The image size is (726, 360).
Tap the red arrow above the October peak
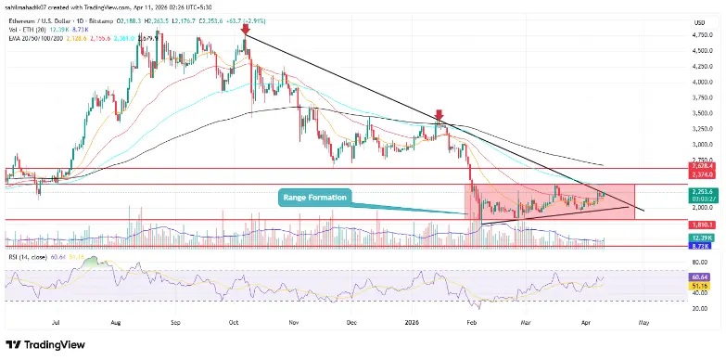coord(245,30)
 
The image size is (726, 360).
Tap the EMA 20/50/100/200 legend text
coord(36,39)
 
